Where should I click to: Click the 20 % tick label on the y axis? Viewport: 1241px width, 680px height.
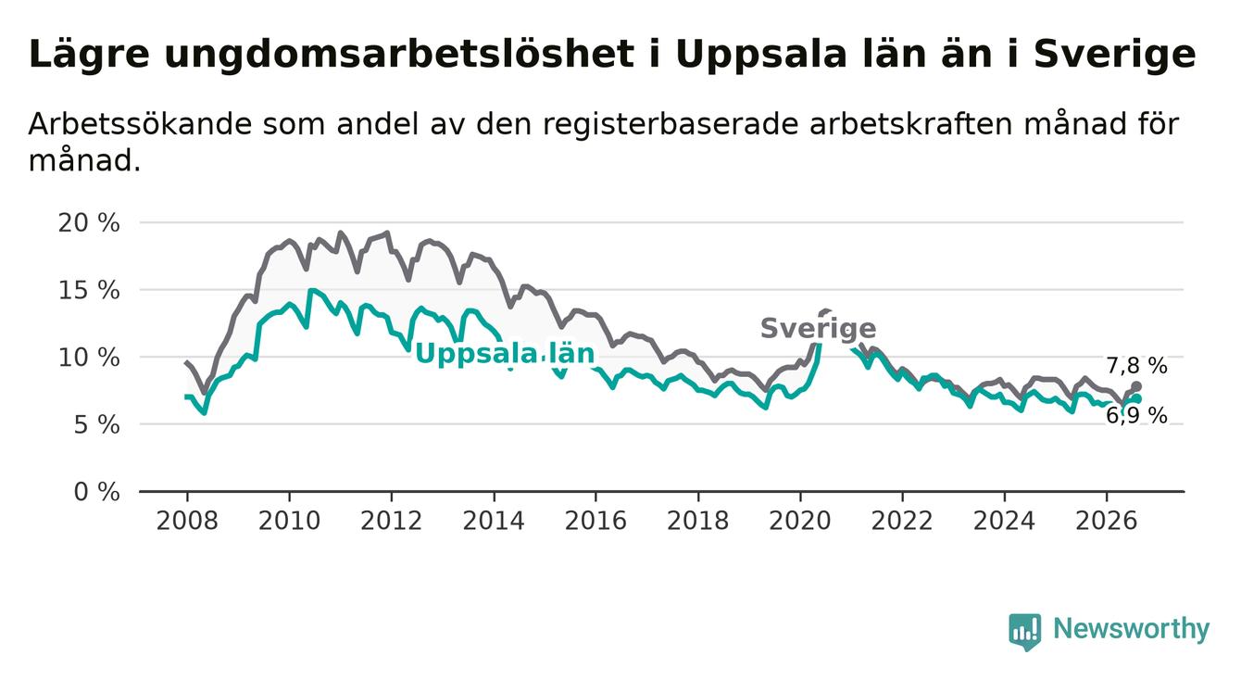89,222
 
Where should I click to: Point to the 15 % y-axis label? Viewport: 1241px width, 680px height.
89,290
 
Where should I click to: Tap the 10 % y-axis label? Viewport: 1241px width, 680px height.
89,358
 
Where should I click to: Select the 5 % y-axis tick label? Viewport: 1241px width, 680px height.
96,425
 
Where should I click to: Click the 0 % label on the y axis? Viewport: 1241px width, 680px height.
96,492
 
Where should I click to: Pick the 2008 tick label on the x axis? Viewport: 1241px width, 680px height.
187,521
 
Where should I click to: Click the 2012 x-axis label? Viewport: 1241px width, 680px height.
391,521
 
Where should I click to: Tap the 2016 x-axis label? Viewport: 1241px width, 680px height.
595,521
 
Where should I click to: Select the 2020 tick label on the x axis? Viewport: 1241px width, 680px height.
800,521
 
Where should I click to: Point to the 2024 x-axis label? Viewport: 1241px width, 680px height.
1004,521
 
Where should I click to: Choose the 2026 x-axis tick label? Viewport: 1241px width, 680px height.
1107,521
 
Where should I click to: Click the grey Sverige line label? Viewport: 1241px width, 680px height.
819,328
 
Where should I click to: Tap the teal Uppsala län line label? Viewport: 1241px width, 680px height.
505,354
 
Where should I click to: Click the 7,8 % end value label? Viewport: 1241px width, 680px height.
1137,366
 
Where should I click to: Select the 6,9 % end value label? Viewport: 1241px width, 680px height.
1137,416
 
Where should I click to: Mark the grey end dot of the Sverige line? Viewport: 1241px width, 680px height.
1136,386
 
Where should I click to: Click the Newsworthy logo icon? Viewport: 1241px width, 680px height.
1024,632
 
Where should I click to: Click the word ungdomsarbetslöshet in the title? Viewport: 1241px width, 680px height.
399,56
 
